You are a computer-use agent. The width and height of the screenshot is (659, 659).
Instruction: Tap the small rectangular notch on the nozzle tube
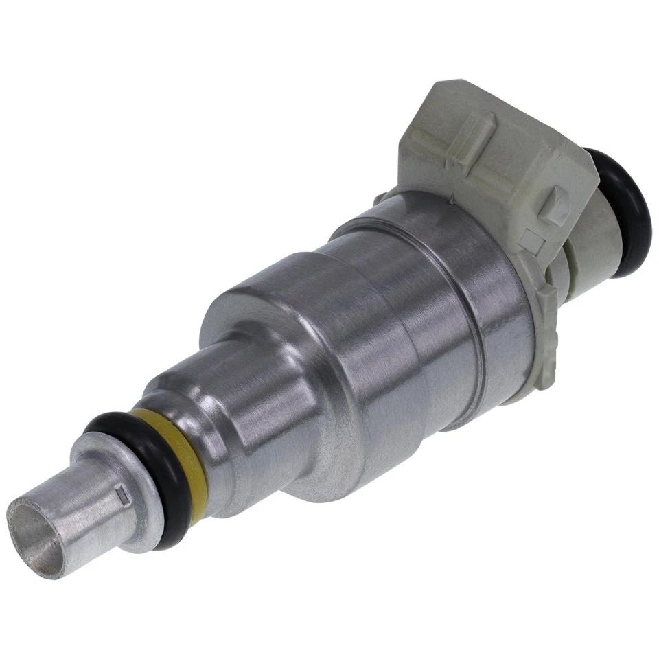click(x=124, y=492)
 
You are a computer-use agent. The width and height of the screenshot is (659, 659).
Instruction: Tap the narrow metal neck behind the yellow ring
click(x=189, y=405)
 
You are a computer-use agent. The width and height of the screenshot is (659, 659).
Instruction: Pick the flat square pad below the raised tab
click(x=531, y=240)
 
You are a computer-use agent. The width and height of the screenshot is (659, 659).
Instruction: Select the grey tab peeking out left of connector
click(x=380, y=197)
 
